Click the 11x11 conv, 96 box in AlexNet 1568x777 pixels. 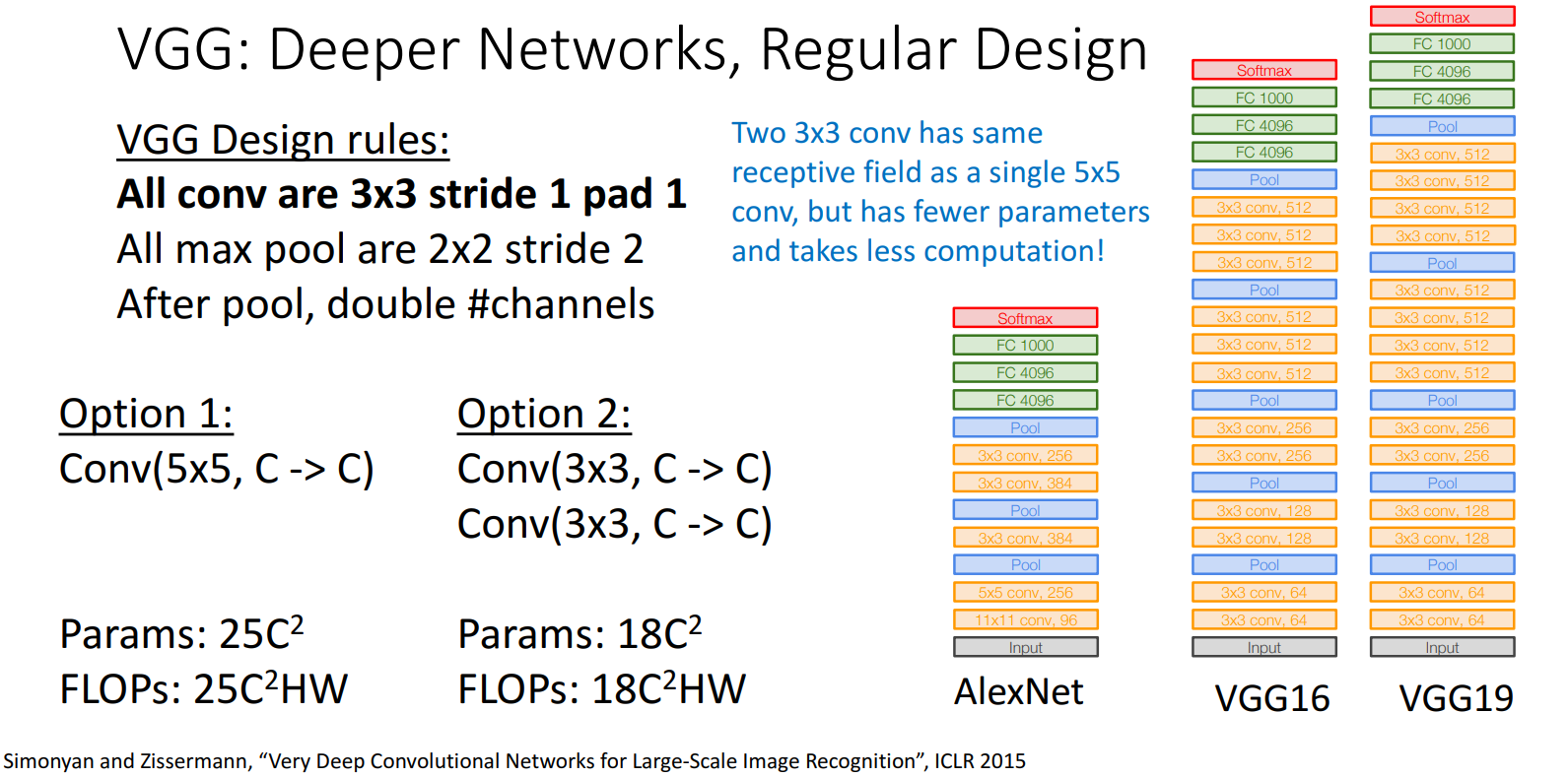click(x=1025, y=620)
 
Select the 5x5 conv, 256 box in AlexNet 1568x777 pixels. click(x=1025, y=593)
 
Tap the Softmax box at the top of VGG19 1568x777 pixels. click(x=1442, y=17)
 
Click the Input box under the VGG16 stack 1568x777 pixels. click(x=1263, y=648)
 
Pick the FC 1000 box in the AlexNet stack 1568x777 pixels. click(x=1025, y=346)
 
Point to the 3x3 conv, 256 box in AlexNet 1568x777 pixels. click(x=1025, y=456)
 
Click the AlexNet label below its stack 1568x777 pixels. click(x=1018, y=692)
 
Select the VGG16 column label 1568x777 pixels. click(x=1271, y=699)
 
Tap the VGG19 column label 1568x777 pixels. click(x=1456, y=699)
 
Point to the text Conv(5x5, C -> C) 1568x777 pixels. click(x=217, y=470)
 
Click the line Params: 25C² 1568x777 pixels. click(x=181, y=634)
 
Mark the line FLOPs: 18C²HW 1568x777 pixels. click(x=601, y=689)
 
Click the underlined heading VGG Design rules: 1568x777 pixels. click(x=283, y=141)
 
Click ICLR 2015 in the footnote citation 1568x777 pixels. click(x=980, y=761)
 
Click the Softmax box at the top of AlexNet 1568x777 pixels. click(x=1025, y=318)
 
